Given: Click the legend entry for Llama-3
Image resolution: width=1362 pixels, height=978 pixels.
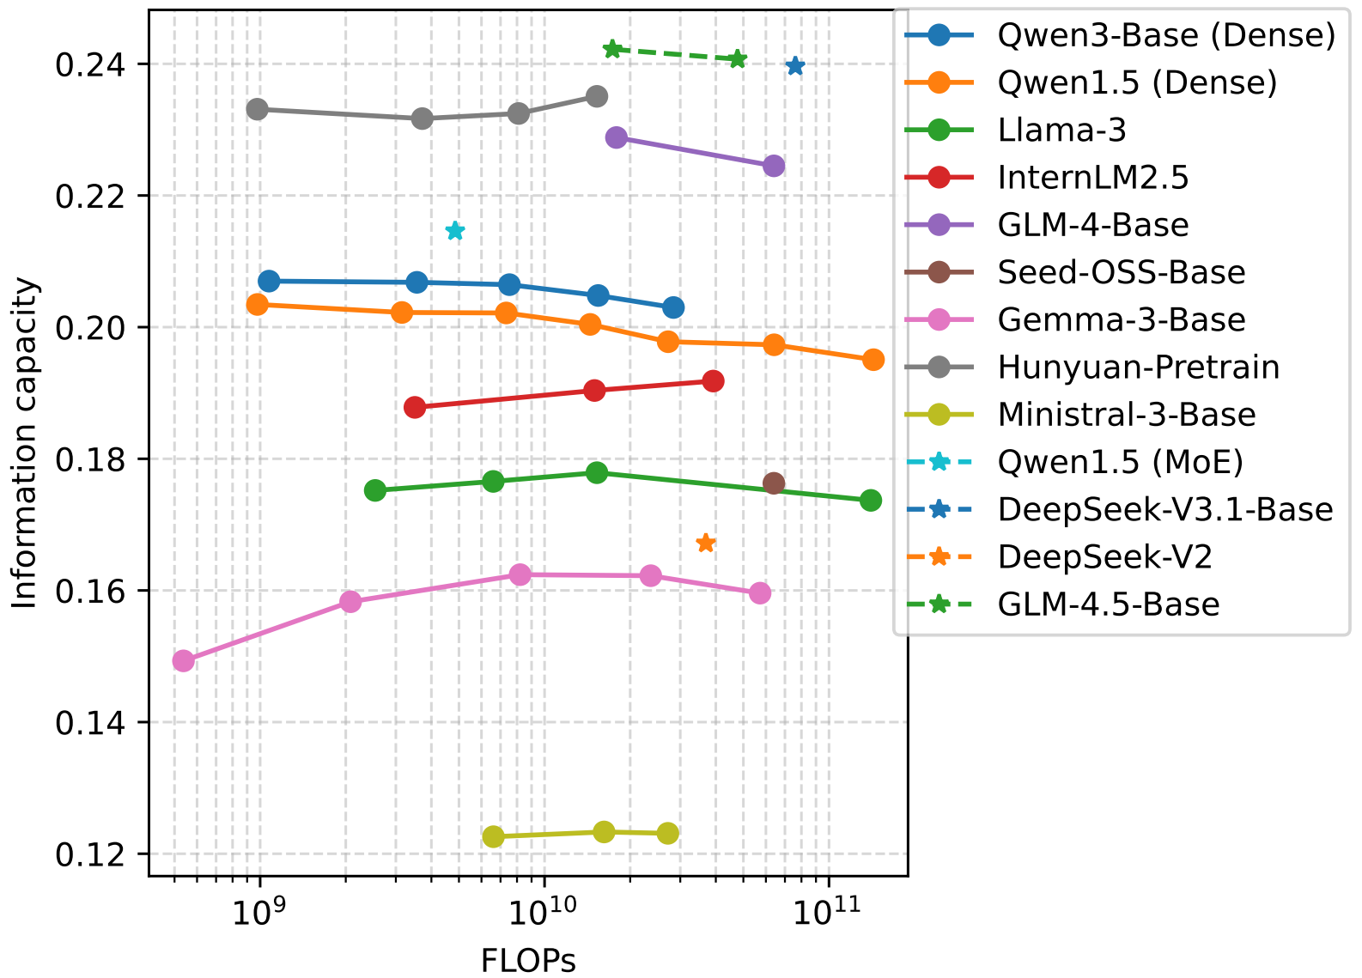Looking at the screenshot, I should point(1061,131).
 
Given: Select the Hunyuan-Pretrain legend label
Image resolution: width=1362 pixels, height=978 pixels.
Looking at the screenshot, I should point(1138,368).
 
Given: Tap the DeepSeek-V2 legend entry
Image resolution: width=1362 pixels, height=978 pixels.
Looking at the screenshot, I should point(1104,557).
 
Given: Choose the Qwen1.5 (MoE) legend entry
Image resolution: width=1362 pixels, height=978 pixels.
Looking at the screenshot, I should point(1120,462).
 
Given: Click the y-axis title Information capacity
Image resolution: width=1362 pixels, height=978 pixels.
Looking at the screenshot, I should point(26,443).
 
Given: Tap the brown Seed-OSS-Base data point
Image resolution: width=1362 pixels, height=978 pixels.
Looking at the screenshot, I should point(774,483).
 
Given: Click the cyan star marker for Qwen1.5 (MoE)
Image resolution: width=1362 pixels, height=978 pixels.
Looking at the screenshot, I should point(455,231).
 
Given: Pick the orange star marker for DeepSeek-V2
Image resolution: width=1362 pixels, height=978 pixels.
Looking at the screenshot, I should point(706,544).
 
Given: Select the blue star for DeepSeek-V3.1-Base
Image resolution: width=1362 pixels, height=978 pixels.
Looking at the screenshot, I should point(795,66).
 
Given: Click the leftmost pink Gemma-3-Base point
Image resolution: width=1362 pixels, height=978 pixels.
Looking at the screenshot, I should point(183,661).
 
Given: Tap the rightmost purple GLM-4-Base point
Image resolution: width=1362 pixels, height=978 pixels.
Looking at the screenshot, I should point(774,167).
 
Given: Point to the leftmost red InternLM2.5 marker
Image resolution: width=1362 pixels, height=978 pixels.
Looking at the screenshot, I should point(415,408).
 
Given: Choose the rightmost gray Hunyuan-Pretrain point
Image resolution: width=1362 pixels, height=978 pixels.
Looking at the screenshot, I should point(597,96).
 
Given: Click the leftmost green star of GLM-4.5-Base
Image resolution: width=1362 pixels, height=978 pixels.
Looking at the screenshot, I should point(612,49).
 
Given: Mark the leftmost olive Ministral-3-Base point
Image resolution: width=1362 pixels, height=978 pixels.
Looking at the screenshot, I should point(493,837).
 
